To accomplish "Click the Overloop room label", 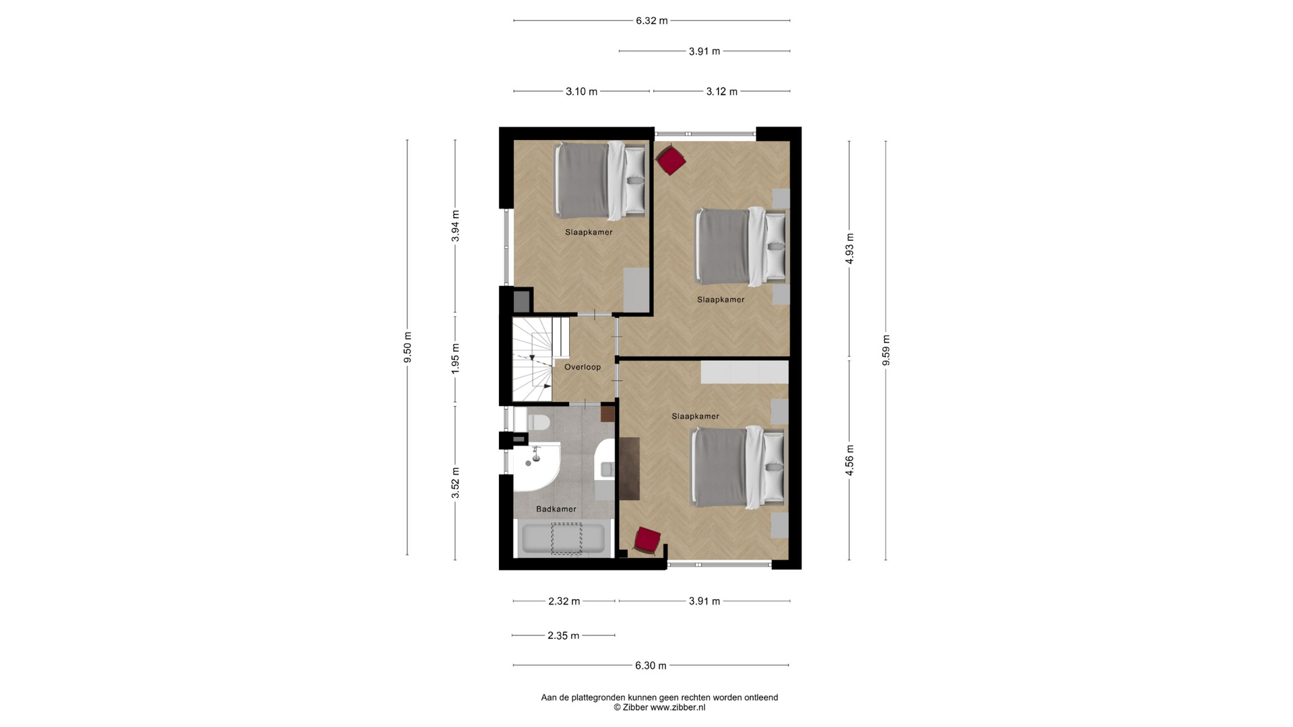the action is pos(583,367).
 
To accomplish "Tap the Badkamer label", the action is pos(556,509).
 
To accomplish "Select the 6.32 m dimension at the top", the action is pos(652,21).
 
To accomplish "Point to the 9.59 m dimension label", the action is pos(886,350).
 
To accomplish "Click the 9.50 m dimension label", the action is pos(407,347).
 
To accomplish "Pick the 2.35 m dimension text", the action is pos(564,635).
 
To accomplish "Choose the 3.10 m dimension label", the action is pos(582,92).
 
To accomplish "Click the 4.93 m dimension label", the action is pos(850,248).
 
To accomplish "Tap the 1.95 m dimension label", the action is pos(455,359).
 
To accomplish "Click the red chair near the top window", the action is pos(671,161).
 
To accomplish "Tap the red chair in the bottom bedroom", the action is pos(648,541).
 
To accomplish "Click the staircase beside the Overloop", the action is pos(533,359).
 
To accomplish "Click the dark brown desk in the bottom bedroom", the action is pos(629,469).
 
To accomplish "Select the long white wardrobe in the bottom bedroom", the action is pos(744,372).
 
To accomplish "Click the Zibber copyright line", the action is pos(659,707).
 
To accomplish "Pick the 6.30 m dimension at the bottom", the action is pos(651,666).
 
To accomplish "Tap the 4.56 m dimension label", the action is pos(850,460).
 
